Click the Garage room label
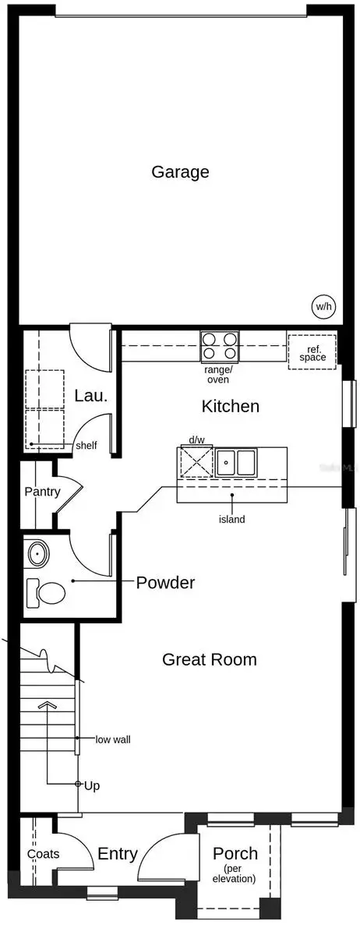(x=180, y=171)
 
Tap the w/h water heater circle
(x=323, y=306)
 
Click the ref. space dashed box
(x=312, y=351)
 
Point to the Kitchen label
(x=230, y=406)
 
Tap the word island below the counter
(x=231, y=519)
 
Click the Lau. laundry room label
(x=90, y=396)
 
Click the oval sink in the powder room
(x=37, y=555)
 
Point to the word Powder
(x=165, y=582)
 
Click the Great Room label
(x=209, y=659)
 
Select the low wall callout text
(x=112, y=739)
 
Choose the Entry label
(x=118, y=854)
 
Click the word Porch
(x=235, y=854)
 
